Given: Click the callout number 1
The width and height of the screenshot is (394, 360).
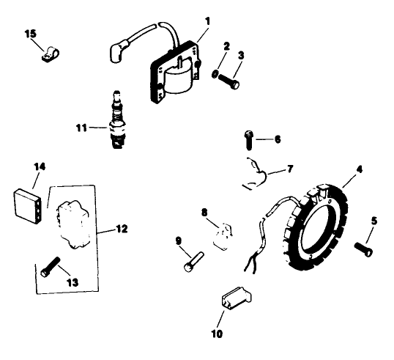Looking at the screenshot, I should pos(208,22).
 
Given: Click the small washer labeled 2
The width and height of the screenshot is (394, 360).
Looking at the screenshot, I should pos(214,74).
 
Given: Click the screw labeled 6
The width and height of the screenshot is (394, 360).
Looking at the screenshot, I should pos(248,137).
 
